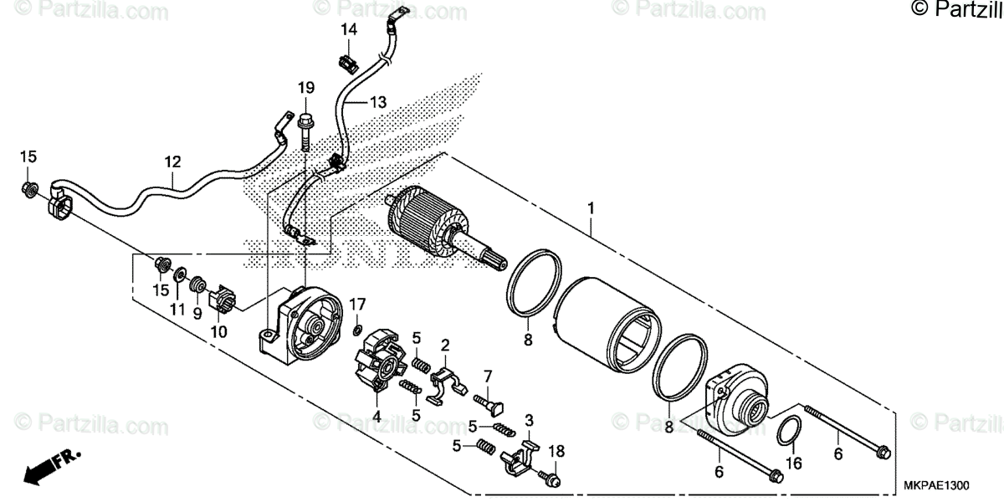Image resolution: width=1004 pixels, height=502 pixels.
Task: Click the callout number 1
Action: pyautogui.click(x=592, y=205)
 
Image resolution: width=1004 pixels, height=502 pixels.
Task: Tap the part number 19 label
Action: pyautogui.click(x=306, y=87)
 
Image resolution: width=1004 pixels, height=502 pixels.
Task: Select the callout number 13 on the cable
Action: pyautogui.click(x=378, y=102)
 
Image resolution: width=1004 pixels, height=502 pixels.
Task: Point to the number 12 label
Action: pyautogui.click(x=172, y=160)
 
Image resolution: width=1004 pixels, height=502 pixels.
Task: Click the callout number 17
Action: pyautogui.click(x=357, y=302)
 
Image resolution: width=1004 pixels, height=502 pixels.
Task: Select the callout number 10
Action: pyautogui.click(x=220, y=330)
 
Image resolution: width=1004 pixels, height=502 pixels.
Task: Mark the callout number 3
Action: pyautogui.click(x=529, y=418)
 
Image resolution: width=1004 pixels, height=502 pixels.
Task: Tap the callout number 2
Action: pyautogui.click(x=445, y=344)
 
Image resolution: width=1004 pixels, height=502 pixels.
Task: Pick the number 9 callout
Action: pyautogui.click(x=198, y=314)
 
